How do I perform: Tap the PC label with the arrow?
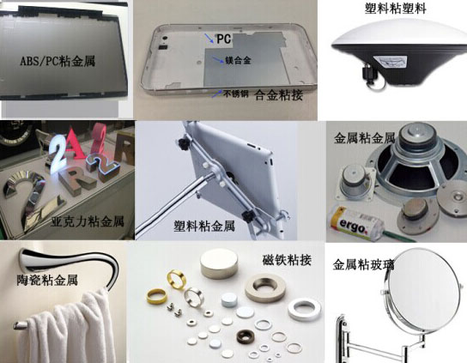tap(224, 39)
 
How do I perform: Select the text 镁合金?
tap(240, 60)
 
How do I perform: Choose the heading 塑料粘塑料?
tap(397, 9)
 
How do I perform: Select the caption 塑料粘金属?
tap(204, 226)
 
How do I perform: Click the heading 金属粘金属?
tap(365, 136)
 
